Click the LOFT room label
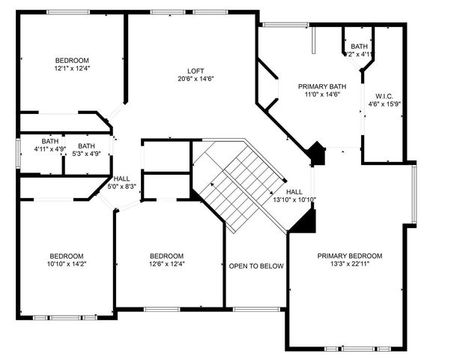tap(196, 71)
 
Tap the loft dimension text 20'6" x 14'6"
tap(196, 79)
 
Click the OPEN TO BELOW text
tap(255, 266)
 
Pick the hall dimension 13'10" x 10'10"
tap(294, 200)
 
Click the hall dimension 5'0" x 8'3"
tap(121, 187)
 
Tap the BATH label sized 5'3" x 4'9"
tap(87, 145)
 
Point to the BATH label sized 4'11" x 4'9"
tap(50, 141)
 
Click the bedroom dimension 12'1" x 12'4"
tap(72, 68)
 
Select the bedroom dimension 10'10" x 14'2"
tap(67, 263)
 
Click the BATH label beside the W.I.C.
tap(359, 46)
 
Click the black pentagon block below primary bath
tap(318, 154)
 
